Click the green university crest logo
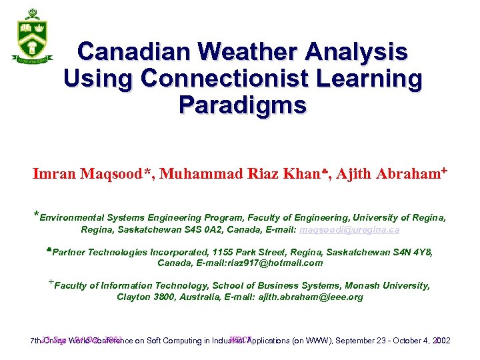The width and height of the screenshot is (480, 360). [x=31, y=37]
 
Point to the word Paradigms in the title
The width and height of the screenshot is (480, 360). [x=243, y=105]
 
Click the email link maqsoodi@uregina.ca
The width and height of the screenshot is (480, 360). [x=349, y=230]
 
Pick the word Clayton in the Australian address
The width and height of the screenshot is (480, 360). [x=133, y=297]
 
